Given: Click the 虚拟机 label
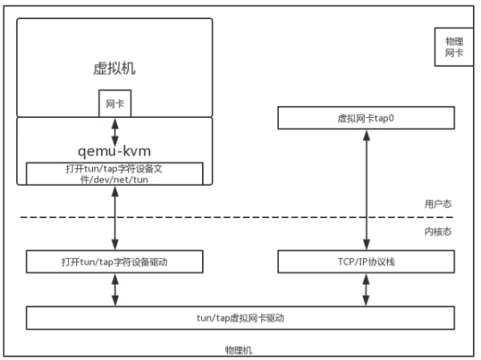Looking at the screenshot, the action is pyautogui.click(x=115, y=68).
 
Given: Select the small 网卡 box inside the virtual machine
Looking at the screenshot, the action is pyautogui.click(x=115, y=103).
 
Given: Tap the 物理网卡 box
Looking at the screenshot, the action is pyautogui.click(x=454, y=47).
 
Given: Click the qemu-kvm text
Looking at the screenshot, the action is pyautogui.click(x=115, y=152).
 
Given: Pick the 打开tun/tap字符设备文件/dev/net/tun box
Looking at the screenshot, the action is pyautogui.click(x=115, y=174).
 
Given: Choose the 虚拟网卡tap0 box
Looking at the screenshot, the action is pyautogui.click(x=366, y=118).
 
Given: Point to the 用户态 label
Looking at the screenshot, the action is pyautogui.click(x=438, y=204).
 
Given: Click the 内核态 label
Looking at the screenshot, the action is pyautogui.click(x=438, y=232).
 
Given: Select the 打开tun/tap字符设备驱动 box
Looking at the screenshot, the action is pyautogui.click(x=115, y=261).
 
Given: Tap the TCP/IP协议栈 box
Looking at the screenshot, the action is pyautogui.click(x=366, y=261).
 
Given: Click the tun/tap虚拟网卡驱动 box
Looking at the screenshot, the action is pyautogui.click(x=240, y=318).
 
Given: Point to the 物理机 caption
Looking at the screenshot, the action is pyautogui.click(x=239, y=350).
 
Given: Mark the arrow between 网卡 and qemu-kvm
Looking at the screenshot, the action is pyautogui.click(x=115, y=132).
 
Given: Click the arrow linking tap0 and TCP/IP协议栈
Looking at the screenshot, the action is pyautogui.click(x=366, y=190).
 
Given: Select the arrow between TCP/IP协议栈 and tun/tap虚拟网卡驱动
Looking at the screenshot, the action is pyautogui.click(x=366, y=289).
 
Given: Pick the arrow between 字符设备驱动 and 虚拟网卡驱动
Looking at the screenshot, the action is pyautogui.click(x=115, y=289).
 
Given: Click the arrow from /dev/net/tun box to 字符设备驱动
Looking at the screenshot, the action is pyautogui.click(x=115, y=217).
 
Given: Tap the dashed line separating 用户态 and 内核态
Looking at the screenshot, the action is pyautogui.click(x=236, y=217).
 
